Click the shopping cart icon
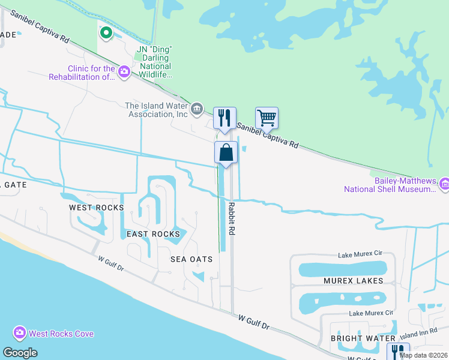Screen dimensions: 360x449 tap(266, 118)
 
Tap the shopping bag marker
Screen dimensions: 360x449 tap(226, 152)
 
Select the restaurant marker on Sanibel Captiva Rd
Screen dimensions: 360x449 tap(224, 118)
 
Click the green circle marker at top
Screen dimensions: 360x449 tap(106, 33)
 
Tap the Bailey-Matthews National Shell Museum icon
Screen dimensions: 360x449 tap(444, 184)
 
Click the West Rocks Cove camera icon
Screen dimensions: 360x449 tap(19, 333)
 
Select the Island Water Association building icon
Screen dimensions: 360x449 tap(196, 110)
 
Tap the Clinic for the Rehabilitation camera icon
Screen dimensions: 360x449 tap(124, 72)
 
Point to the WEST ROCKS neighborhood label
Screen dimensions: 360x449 tap(96, 208)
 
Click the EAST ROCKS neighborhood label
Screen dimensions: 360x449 tap(153, 234)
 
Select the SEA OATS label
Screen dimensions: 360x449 tap(191, 259)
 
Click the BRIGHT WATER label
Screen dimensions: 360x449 tap(355, 338)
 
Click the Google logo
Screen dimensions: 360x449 tap(20, 352)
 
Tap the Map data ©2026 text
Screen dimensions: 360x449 tap(423, 355)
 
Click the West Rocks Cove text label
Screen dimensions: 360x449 tap(61, 334)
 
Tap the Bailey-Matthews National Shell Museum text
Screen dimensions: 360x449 tap(389, 185)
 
